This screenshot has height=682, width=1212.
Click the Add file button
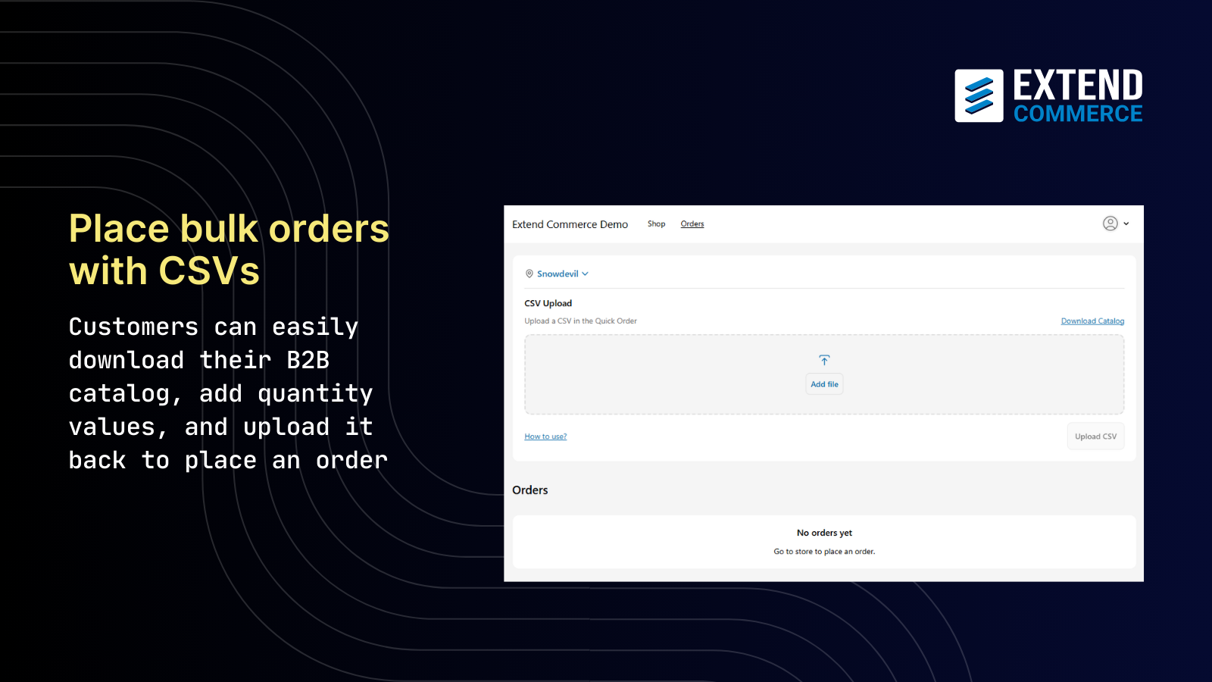824,384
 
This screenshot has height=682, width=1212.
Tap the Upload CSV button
1095,436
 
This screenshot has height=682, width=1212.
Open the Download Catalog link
1092,321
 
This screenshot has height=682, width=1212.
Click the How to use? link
545,436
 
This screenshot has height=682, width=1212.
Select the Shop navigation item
656,224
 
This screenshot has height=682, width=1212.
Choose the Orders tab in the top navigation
692,224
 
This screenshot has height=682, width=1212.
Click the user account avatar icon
1110,224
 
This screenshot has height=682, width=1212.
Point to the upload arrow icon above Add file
824,360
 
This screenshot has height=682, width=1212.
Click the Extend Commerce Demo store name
570,224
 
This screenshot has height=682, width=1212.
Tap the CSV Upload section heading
548,303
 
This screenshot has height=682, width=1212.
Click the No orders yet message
824,533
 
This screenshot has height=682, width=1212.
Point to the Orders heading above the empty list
530,490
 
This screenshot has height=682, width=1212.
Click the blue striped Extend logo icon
979,96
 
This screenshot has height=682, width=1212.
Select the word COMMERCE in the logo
1078,114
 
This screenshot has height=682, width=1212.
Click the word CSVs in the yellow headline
209,271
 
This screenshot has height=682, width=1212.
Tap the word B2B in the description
308,360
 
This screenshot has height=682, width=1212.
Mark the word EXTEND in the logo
1078,85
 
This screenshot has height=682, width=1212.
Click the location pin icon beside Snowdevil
529,274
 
